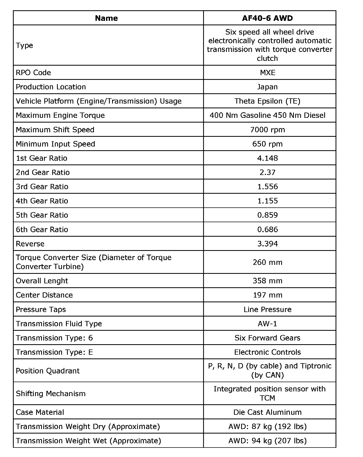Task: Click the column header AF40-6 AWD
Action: [x=267, y=18]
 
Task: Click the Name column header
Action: [x=106, y=18]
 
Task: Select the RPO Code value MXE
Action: [x=268, y=73]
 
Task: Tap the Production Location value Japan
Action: [x=268, y=87]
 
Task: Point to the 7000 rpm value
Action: [x=268, y=130]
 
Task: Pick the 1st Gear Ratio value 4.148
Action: [x=268, y=158]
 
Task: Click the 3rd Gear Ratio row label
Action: [x=42, y=187]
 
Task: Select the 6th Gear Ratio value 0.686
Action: [x=268, y=229]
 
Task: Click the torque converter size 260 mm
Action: [x=268, y=262]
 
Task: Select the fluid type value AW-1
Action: [x=268, y=324]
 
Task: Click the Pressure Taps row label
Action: [x=41, y=309]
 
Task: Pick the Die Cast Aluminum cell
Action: [x=268, y=412]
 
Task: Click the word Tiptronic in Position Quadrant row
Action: [x=316, y=366]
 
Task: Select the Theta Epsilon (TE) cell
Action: [x=268, y=101]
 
